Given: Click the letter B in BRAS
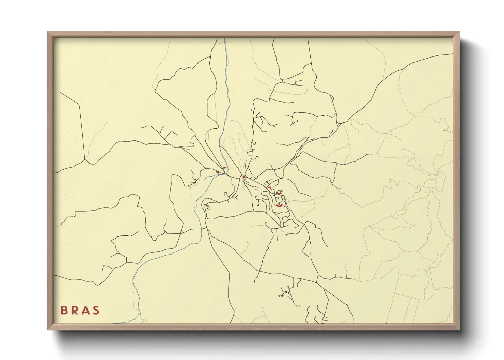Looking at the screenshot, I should pyautogui.click(x=63, y=310).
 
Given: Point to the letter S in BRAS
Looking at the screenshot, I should pyautogui.click(x=96, y=310).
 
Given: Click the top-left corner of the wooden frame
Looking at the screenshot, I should pyautogui.click(x=48, y=32).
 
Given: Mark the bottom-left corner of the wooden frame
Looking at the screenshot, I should pyautogui.click(x=48, y=329).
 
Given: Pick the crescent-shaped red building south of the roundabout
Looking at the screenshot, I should pyautogui.click(x=279, y=205).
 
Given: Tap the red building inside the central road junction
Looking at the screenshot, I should pyautogui.click(x=244, y=177).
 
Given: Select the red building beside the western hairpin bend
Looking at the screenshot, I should pyautogui.click(x=208, y=207).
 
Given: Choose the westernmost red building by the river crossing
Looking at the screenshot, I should pyautogui.click(x=217, y=173).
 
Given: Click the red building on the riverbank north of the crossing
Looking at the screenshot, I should pyautogui.click(x=224, y=168).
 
